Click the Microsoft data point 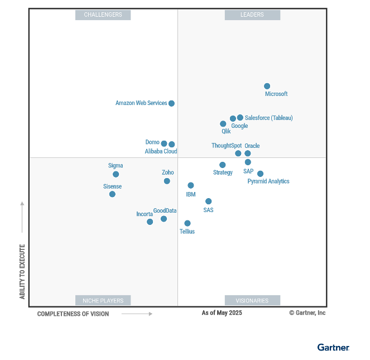point(267,86)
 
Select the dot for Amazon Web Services point(171,103)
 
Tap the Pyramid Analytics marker point(260,174)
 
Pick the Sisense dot point(112,194)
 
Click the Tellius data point point(188,223)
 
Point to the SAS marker point(208,201)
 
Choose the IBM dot point(191,185)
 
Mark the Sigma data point point(116,174)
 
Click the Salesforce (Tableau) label point(268,118)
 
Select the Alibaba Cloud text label point(161,151)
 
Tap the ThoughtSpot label point(227,146)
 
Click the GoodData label point(165,210)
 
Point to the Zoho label point(167,172)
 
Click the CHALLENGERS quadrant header point(103,15)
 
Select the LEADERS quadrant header point(252,15)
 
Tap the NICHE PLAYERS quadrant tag point(103,300)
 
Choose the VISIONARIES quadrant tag point(252,300)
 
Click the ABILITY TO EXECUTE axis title point(22,271)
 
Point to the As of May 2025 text point(222,313)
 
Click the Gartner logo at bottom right point(333,347)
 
